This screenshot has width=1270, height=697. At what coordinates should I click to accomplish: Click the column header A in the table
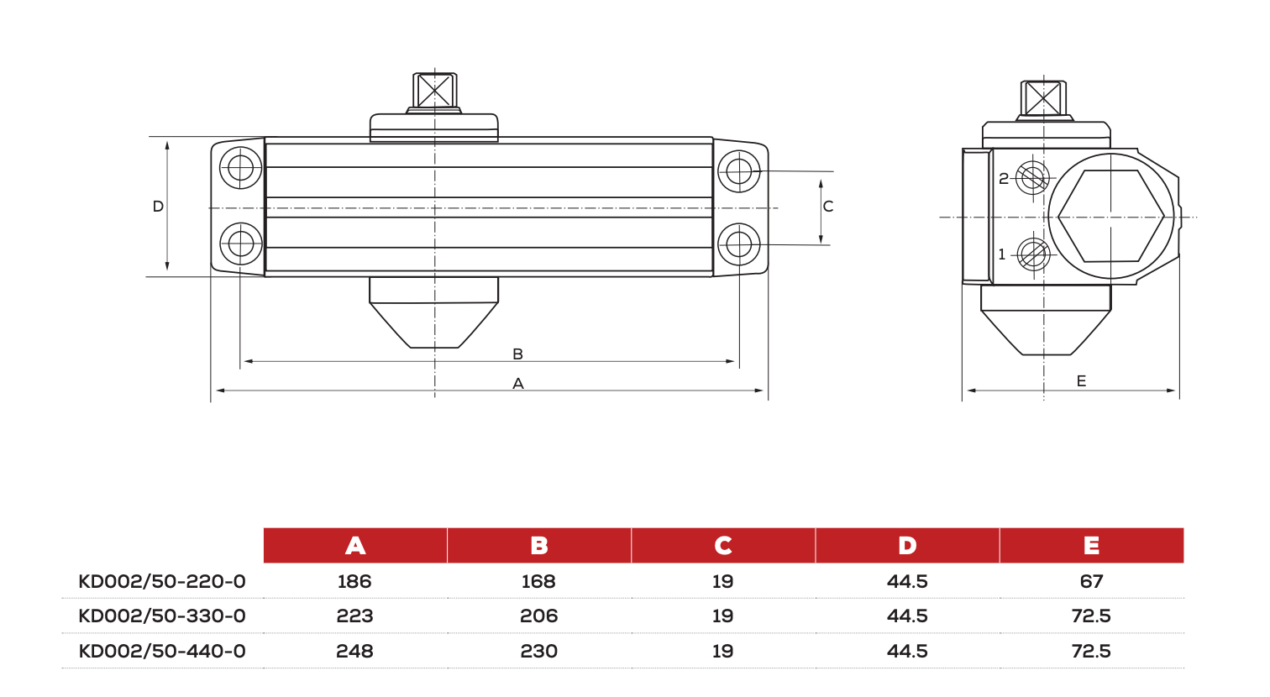(355, 546)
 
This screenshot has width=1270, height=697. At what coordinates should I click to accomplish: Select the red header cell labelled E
(1091, 546)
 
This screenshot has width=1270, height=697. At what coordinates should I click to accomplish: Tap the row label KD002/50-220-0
(162, 581)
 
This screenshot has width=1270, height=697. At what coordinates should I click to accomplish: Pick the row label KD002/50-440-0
(162, 651)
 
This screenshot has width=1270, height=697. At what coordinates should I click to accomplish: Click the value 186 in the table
(354, 581)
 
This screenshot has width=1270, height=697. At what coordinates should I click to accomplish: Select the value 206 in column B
(538, 616)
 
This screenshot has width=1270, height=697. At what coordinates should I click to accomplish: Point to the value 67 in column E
(1091, 581)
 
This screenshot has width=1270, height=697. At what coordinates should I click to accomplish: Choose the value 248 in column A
(354, 651)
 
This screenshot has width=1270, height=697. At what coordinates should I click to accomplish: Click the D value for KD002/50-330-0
(907, 616)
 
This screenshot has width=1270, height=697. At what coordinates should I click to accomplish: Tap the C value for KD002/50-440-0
(722, 651)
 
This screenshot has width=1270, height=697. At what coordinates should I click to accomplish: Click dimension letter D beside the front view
(158, 207)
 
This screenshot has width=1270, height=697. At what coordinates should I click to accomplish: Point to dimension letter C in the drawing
(828, 207)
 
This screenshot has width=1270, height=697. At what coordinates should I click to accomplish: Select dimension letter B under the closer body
(517, 354)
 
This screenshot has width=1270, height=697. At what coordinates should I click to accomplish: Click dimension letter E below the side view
(1081, 381)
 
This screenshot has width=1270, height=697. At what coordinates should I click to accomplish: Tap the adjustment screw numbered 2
(1032, 177)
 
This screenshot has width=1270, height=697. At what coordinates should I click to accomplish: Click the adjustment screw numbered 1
(1032, 254)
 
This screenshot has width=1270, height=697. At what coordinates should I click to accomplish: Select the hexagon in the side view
(1110, 217)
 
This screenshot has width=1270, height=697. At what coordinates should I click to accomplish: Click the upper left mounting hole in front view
(241, 167)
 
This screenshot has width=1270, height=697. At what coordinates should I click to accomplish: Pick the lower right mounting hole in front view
(739, 244)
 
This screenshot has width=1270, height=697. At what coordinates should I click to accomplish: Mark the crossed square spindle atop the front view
(434, 90)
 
